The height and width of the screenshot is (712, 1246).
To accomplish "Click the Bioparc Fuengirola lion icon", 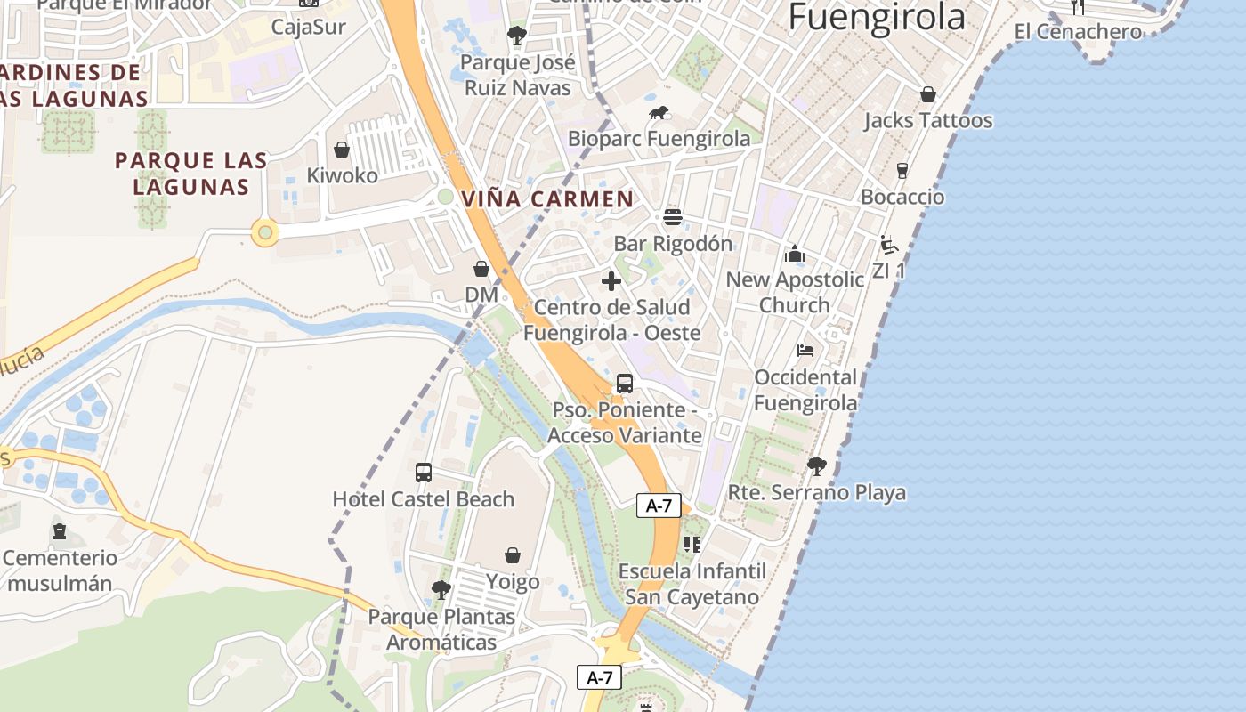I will click(659, 113).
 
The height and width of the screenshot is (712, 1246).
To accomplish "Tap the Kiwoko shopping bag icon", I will click(341, 150).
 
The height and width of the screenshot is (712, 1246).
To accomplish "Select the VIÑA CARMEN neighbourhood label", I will click(547, 198).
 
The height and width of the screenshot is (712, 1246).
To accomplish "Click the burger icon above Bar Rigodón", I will click(672, 217).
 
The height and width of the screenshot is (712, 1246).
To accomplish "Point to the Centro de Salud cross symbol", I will click(611, 281).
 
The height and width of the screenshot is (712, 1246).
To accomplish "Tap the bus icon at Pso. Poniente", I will click(625, 384).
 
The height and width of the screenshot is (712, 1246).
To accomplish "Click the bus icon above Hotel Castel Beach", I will click(424, 473).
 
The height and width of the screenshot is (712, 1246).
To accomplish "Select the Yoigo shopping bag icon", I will click(513, 556).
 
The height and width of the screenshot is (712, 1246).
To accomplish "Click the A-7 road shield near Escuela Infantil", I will click(659, 506).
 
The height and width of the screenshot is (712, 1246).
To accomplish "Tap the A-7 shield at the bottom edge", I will click(599, 677).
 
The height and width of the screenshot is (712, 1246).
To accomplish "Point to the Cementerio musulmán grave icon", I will click(60, 532).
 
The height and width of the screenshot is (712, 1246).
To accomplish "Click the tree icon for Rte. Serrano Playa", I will click(816, 465).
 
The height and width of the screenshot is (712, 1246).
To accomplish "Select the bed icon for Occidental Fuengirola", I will click(805, 351).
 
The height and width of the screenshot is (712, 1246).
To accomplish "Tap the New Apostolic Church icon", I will click(795, 255).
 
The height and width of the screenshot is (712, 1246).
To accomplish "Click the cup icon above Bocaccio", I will click(902, 171).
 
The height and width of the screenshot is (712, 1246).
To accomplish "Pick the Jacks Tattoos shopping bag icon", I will click(928, 94).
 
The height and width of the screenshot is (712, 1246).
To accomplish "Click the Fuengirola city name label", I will click(877, 17).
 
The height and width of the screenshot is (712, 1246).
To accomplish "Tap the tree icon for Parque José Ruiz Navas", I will click(516, 36).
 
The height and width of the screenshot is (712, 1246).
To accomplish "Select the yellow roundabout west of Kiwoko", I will click(264, 233).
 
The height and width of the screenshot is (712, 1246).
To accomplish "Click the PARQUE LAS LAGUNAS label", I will click(191, 174).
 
